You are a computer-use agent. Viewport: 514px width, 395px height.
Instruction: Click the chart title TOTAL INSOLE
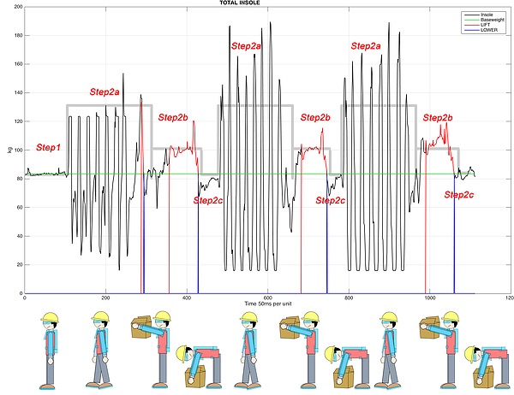[x=256, y=3]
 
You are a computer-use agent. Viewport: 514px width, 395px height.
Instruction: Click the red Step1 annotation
[x=48, y=148]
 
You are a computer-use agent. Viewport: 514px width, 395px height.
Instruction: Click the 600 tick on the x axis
[x=268, y=298]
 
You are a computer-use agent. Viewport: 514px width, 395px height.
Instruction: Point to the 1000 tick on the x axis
[x=429, y=298]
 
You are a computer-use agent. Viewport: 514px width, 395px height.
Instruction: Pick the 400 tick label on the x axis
[x=187, y=298]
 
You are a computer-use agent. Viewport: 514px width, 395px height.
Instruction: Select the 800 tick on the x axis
[x=349, y=298]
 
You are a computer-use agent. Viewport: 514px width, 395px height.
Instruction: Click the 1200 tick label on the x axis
[x=510, y=298]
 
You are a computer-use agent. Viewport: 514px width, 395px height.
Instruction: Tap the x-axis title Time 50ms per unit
[x=268, y=304]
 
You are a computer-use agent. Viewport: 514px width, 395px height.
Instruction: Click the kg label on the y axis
[x=9, y=150]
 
